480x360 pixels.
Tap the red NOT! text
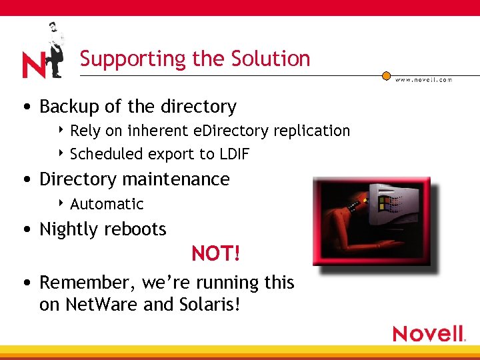215,254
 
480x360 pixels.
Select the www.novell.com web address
423,80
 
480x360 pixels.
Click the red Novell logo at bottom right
428,333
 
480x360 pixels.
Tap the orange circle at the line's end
386,76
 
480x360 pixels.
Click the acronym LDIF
234,154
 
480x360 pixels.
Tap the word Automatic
107,204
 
